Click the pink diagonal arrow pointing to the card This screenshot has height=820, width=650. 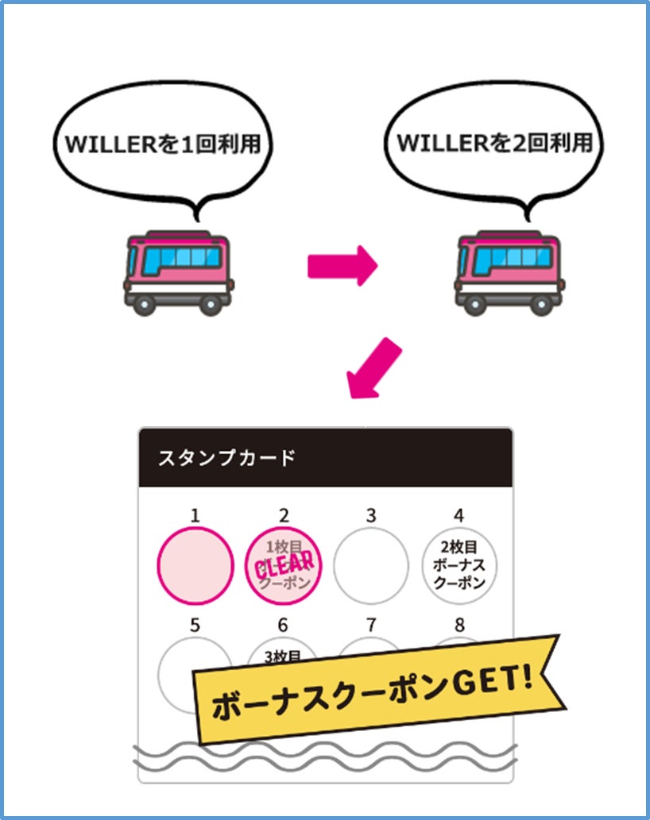pyautogui.click(x=374, y=369)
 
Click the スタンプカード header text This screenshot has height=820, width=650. pyautogui.click(x=227, y=458)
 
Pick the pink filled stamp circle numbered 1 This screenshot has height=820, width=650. pyautogui.click(x=196, y=564)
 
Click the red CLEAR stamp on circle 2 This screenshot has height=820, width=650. pyautogui.click(x=284, y=564)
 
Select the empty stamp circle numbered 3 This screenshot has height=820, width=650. pyautogui.click(x=370, y=564)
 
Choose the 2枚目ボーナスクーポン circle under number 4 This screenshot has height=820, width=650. pyautogui.click(x=458, y=564)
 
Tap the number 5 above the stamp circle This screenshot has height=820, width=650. pyautogui.click(x=195, y=625)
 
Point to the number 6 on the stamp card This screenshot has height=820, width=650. pyautogui.click(x=283, y=625)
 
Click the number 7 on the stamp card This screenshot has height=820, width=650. pyautogui.click(x=370, y=625)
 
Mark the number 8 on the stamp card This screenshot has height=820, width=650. pyautogui.click(x=458, y=625)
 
